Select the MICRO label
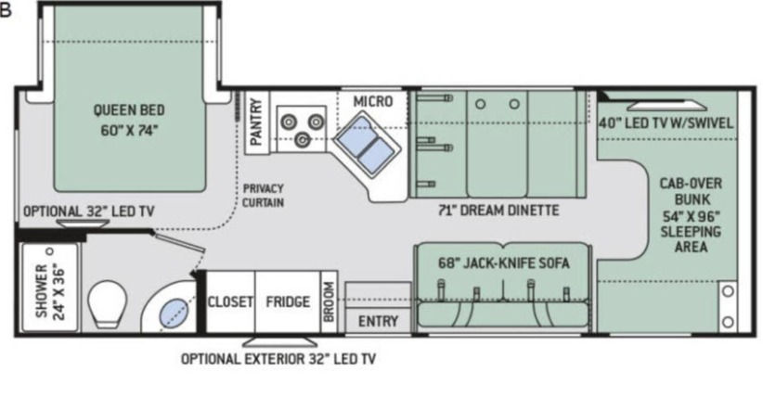point(372,101)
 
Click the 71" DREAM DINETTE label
point(498,211)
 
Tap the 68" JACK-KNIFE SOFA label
point(502,263)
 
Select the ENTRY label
point(378,322)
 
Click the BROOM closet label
point(329,302)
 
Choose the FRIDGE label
point(287,302)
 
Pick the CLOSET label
point(230,302)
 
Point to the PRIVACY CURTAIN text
point(263,195)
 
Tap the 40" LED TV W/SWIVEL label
point(666,122)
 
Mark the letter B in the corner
point(6,11)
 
